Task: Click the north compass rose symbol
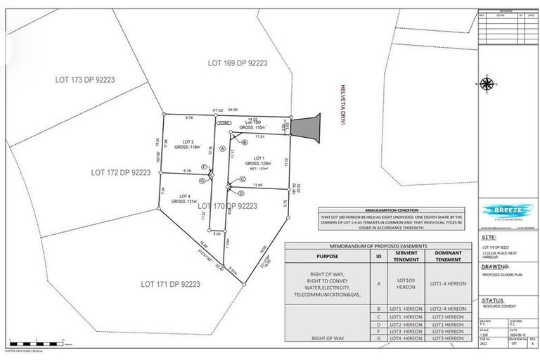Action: pos(487,84)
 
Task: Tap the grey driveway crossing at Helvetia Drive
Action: pos(307,127)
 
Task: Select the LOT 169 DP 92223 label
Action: pos(238,63)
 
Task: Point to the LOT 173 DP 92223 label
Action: pos(85,80)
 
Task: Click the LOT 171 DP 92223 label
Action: pos(171,284)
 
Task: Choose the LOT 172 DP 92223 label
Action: pos(122,172)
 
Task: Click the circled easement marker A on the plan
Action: pos(223,149)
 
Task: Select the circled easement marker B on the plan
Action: pos(244,143)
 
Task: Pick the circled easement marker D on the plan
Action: pos(241,192)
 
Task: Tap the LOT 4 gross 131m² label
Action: pos(185,198)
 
